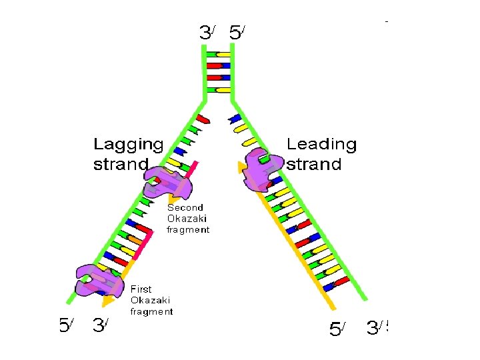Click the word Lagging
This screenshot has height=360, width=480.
128,145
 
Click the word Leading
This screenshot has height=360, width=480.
321,145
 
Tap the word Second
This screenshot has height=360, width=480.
185,207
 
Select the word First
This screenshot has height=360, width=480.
141,289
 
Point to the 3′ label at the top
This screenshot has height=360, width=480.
207,32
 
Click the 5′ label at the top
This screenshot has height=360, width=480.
237,32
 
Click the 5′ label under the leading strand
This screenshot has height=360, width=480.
339,329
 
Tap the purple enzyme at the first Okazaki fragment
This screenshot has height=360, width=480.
99,281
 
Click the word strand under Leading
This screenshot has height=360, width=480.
313,165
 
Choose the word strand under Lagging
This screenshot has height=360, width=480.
120,165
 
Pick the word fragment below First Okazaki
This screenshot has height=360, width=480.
151,311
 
